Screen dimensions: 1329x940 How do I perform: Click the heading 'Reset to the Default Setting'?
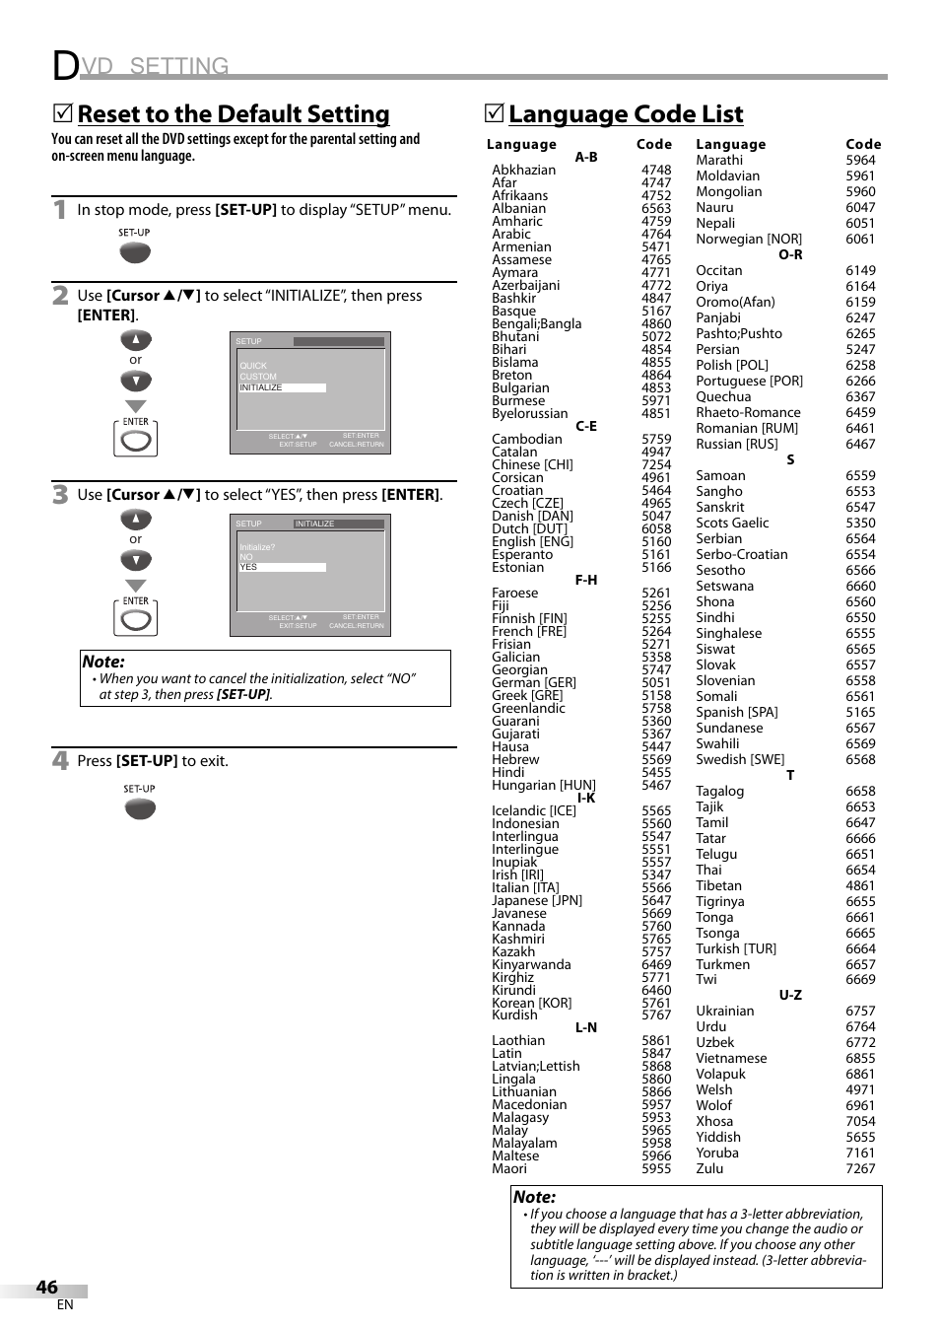(x=234, y=114)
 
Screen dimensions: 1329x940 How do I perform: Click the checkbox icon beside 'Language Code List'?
(x=495, y=114)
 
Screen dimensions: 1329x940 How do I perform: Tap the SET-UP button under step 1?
(x=135, y=252)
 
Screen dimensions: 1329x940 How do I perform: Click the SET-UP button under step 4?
(x=140, y=808)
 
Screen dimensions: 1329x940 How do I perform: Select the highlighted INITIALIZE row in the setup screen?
(x=282, y=387)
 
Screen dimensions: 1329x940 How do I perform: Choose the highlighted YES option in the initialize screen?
(x=282, y=567)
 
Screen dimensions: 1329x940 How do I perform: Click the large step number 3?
(x=61, y=495)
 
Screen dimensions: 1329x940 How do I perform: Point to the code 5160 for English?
(x=656, y=541)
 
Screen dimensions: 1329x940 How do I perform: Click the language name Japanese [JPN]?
(x=537, y=900)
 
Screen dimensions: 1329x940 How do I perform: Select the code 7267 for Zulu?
(x=860, y=1168)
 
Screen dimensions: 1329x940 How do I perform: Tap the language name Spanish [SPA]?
(x=737, y=712)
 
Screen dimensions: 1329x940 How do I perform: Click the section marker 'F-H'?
(x=586, y=580)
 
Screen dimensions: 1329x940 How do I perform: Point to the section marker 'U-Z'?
(x=790, y=995)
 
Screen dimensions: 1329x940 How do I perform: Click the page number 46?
(x=46, y=1287)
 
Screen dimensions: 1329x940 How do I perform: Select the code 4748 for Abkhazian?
(x=656, y=170)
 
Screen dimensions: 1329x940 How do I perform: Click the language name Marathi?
(x=719, y=160)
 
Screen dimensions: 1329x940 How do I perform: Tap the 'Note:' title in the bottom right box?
(x=534, y=1197)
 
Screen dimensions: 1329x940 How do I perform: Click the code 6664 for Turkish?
(x=860, y=948)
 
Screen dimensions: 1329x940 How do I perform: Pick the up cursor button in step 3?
(x=136, y=520)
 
